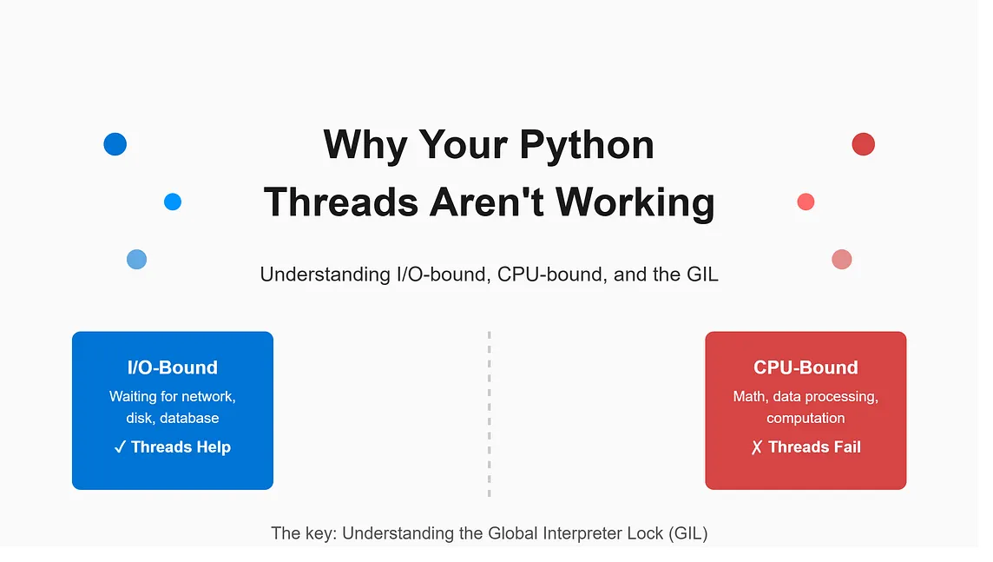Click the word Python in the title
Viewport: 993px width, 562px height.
coord(587,146)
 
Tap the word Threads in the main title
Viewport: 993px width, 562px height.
coord(341,202)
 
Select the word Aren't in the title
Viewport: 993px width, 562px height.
coord(486,202)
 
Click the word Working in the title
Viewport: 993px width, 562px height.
coord(635,202)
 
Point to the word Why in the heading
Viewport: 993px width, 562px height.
coord(365,146)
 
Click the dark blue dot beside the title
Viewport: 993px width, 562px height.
coord(115,144)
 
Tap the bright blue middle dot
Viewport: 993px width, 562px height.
coord(173,202)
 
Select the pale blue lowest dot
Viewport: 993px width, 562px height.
coord(137,260)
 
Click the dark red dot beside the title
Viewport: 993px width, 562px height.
coord(863,144)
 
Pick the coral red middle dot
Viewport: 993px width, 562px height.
coord(806,202)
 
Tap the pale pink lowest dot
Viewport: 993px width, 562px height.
coord(842,260)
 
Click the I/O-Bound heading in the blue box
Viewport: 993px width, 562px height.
coord(172,367)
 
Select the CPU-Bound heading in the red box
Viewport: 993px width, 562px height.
coord(806,367)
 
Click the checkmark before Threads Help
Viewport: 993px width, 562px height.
coord(120,448)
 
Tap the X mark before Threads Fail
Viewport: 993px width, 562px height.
coord(757,448)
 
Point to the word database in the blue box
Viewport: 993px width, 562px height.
coord(189,418)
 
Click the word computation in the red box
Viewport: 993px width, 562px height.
coord(806,419)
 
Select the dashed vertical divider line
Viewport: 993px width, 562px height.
coord(489,413)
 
